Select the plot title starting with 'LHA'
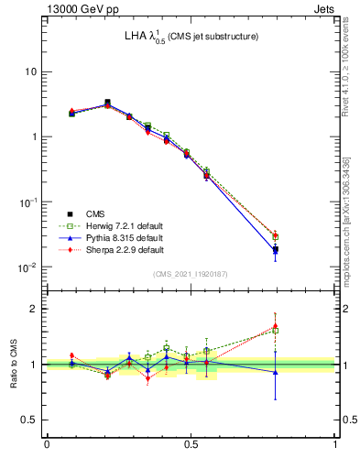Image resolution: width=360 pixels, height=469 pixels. (x=191, y=37)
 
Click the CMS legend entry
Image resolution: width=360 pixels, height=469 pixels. (x=95, y=213)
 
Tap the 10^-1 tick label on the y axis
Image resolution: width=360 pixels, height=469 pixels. (x=29, y=202)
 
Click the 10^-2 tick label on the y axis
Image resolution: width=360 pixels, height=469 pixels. (x=29, y=267)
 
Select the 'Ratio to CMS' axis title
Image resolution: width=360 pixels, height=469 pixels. (x=13, y=364)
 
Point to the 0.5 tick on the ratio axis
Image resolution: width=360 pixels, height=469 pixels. (x=30, y=420)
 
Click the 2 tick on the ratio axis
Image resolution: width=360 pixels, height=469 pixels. (x=35, y=309)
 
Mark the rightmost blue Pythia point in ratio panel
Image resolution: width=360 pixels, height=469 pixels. (x=276, y=372)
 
